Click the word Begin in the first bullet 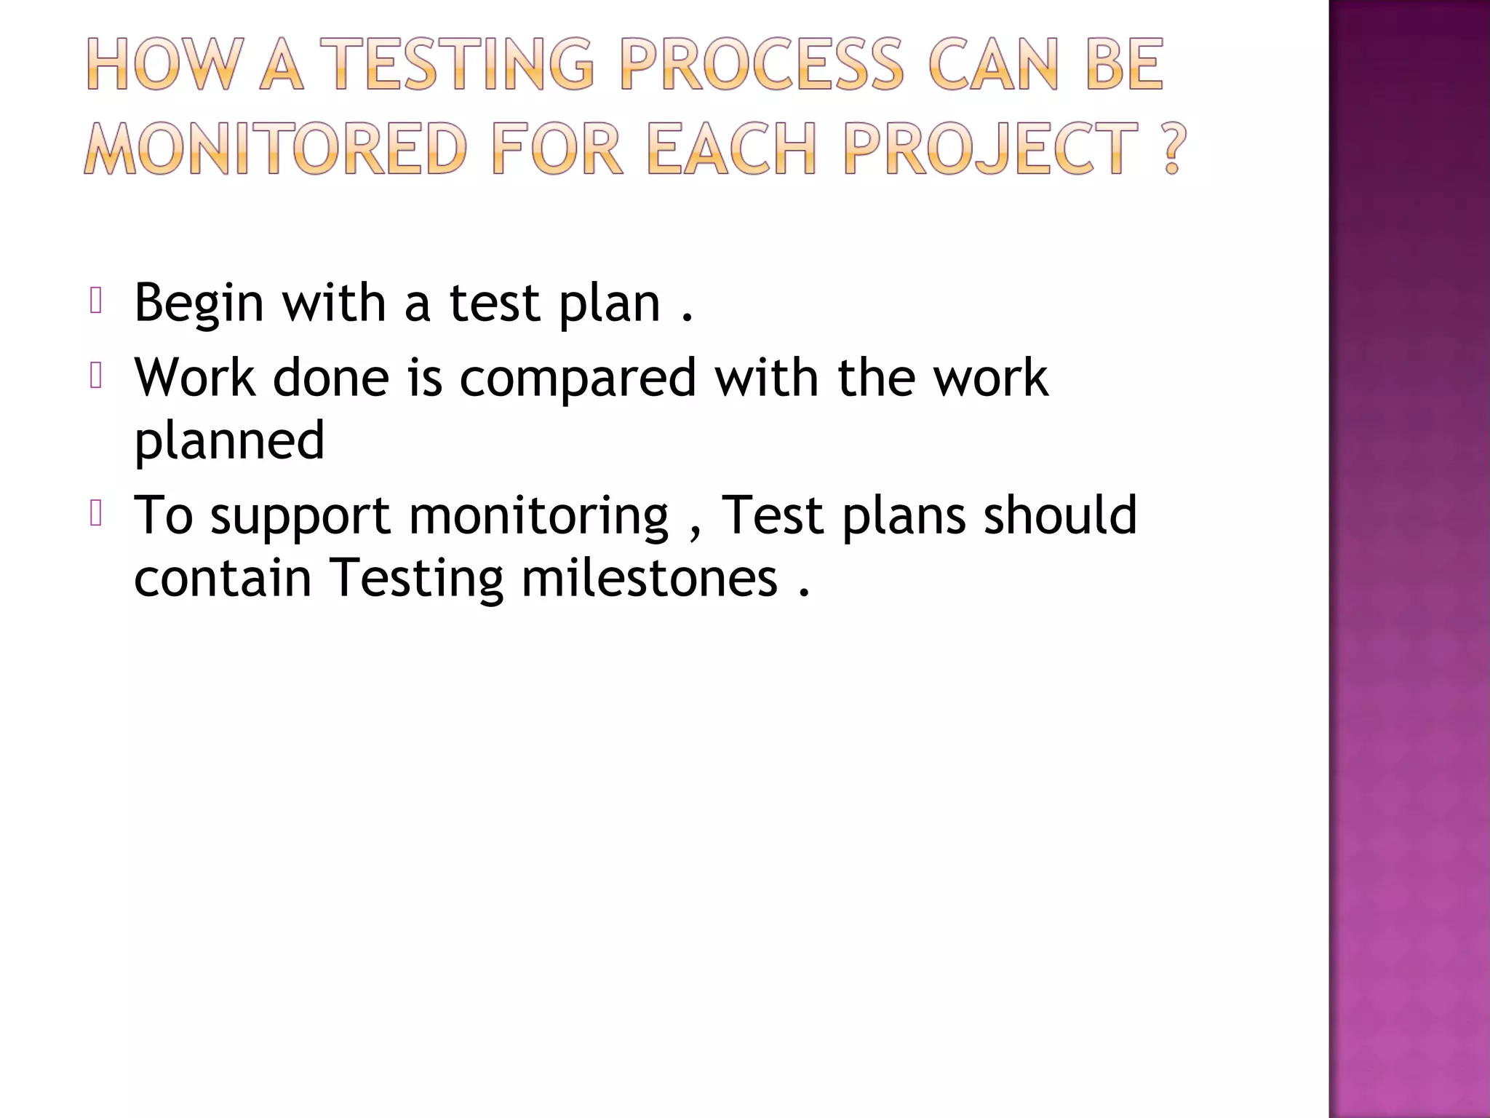(x=199, y=304)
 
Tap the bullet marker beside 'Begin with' (x=96, y=301)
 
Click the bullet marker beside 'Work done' (x=96, y=376)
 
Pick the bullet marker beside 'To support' (x=96, y=514)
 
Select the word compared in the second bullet (x=578, y=379)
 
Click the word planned (x=229, y=442)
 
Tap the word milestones (x=649, y=579)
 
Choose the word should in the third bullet (x=1060, y=515)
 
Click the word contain (x=223, y=579)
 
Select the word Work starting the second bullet (x=195, y=378)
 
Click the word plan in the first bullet (x=610, y=304)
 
